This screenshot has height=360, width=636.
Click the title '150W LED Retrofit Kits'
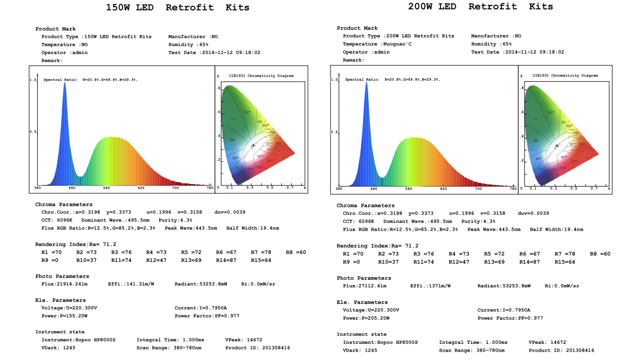pos(178,7)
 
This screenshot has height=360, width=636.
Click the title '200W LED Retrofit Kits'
pos(480,6)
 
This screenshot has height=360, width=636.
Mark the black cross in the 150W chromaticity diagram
pos(253,145)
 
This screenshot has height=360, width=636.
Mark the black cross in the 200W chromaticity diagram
pos(557,145)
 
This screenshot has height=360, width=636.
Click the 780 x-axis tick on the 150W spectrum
pos(210,188)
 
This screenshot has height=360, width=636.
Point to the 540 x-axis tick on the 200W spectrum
pos(409,189)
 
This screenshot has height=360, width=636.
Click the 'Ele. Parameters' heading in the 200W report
pos(362,302)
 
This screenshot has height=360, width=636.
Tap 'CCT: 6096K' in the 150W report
pos(57,220)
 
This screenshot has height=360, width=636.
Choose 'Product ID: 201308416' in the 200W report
pos(561,350)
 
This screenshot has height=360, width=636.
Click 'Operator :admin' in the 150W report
pos(64,52)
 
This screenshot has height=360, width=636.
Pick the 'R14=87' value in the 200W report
pos(529,262)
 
